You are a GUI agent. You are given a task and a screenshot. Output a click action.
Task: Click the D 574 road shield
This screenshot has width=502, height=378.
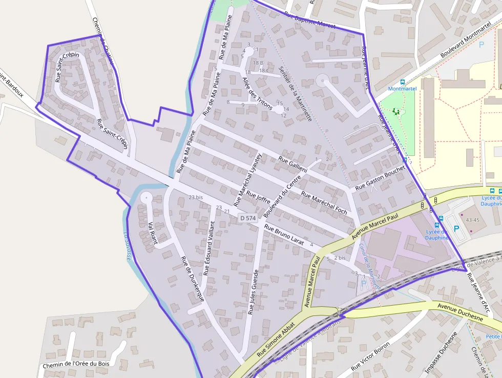click(248, 218)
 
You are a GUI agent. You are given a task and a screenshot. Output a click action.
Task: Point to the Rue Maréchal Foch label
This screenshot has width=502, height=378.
click(324, 203)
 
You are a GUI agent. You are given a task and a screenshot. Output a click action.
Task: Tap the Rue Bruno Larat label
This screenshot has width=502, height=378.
click(284, 235)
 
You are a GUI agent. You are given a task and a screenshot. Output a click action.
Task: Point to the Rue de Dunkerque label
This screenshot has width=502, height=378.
click(193, 277)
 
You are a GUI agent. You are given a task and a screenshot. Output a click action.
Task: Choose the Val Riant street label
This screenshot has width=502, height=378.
click(151, 233)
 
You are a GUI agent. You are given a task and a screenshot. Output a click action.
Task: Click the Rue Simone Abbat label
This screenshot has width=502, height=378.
click(275, 340)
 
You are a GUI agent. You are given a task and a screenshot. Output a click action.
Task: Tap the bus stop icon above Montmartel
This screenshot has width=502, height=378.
click(403, 82)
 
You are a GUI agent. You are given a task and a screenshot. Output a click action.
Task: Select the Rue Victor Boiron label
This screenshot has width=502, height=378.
click(370, 357)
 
